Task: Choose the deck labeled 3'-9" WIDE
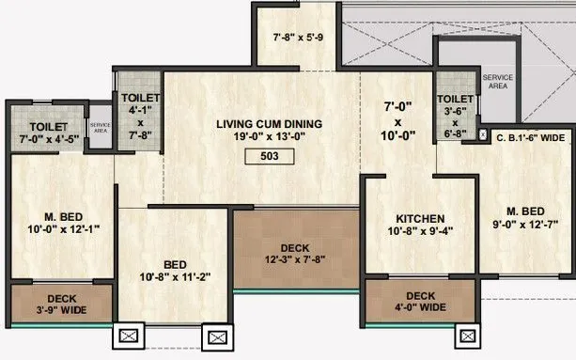60,302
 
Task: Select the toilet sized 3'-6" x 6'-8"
455,115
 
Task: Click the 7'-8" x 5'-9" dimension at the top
299,39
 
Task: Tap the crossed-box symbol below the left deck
127,336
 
